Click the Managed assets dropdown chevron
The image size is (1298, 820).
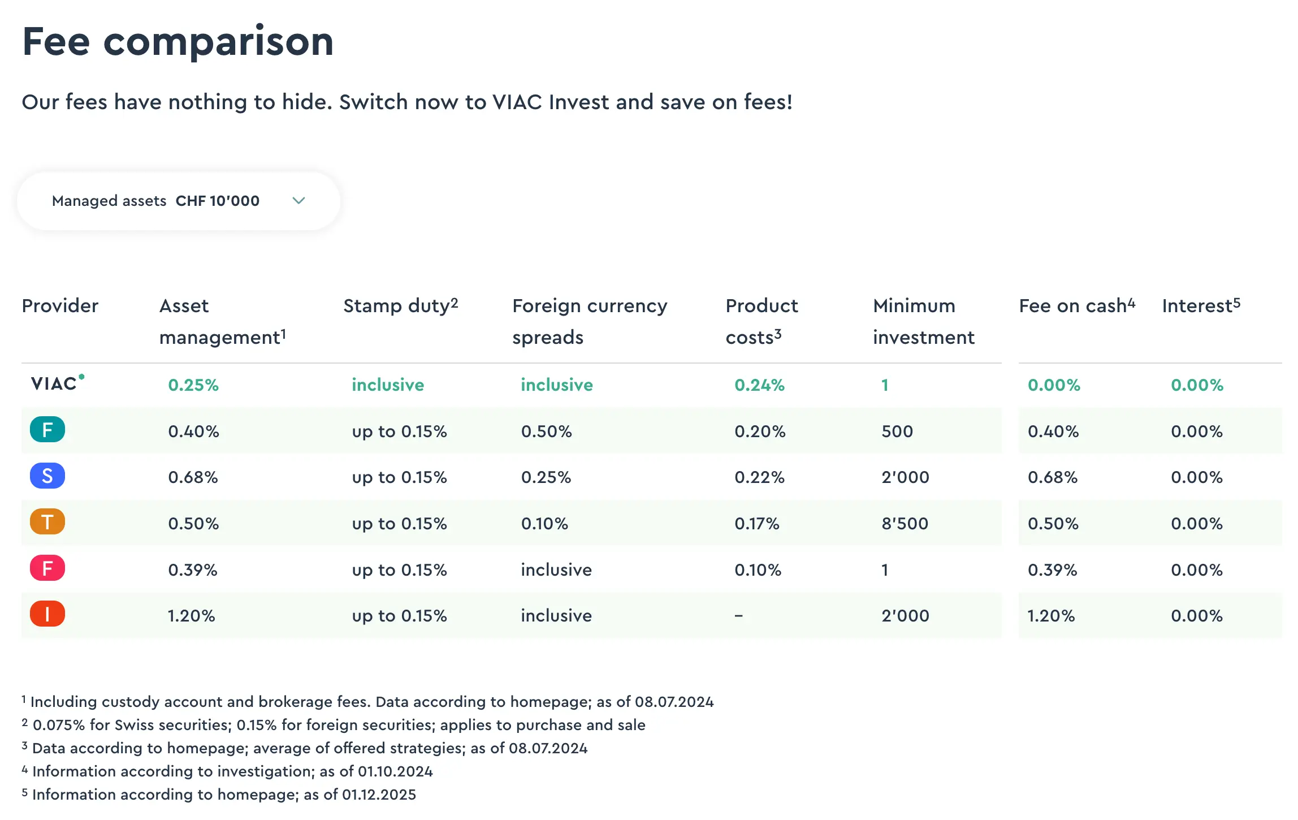click(x=298, y=201)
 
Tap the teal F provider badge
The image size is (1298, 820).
click(x=47, y=430)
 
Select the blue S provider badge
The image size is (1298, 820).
click(x=47, y=476)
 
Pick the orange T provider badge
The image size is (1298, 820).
click(x=47, y=522)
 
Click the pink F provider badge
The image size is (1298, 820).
click(x=47, y=568)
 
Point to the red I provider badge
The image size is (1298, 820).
click(x=47, y=614)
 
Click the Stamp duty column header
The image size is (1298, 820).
click(x=400, y=305)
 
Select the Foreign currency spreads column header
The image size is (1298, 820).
click(x=590, y=321)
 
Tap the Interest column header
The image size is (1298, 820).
click(x=1201, y=305)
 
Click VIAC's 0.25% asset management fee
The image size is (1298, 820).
click(x=193, y=385)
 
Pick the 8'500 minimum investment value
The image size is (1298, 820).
click(x=905, y=524)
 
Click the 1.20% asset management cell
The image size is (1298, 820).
click(x=191, y=616)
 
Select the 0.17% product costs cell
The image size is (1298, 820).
click(x=756, y=524)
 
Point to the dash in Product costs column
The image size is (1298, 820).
click(x=738, y=616)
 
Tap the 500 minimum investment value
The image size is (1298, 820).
click(x=897, y=431)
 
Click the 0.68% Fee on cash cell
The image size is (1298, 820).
click(x=1053, y=477)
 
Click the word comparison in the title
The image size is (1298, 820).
click(x=218, y=42)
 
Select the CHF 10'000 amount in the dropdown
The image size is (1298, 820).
click(x=218, y=201)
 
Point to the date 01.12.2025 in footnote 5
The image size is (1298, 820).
click(x=379, y=795)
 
